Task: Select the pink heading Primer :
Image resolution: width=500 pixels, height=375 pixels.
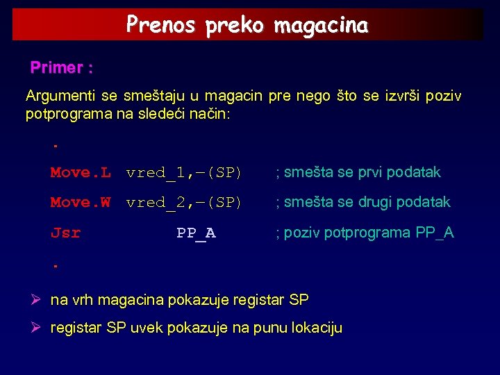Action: pyautogui.click(x=62, y=68)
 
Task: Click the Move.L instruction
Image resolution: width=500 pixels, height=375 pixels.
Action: pyautogui.click(x=80, y=172)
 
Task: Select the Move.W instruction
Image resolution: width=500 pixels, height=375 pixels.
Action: pyautogui.click(x=80, y=202)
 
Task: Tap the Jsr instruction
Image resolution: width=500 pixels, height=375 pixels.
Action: pyautogui.click(x=65, y=233)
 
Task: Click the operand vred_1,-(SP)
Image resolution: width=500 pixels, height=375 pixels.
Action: pyautogui.click(x=183, y=172)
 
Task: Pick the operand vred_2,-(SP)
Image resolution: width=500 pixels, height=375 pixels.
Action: pyautogui.click(x=183, y=202)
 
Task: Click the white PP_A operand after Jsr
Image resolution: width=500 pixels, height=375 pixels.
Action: pyautogui.click(x=196, y=233)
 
